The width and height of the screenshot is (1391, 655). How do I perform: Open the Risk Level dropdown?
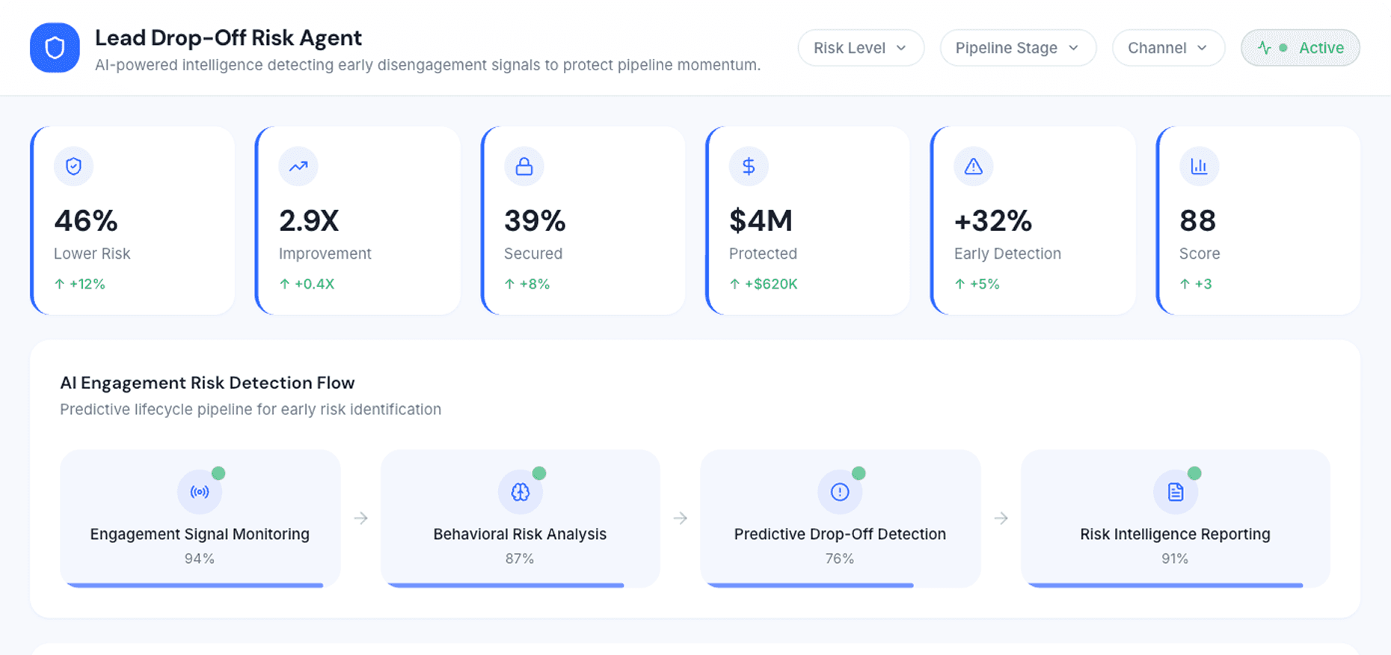860,48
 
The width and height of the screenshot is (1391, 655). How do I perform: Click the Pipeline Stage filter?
1017,48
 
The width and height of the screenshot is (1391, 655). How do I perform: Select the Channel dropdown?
1167,48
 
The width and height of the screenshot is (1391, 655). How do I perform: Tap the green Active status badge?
1300,48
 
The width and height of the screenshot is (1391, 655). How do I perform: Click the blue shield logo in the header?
55,48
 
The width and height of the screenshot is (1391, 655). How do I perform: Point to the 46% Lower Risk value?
86,221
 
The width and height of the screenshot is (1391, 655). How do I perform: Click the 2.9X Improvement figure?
309,221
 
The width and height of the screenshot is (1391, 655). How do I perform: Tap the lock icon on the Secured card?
523,166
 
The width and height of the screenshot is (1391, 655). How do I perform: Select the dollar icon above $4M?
748,166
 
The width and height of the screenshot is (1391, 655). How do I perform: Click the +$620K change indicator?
770,284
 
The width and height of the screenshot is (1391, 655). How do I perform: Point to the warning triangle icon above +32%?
973,166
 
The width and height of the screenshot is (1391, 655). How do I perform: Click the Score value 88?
1197,221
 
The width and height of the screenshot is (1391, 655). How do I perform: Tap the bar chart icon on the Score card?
1199,166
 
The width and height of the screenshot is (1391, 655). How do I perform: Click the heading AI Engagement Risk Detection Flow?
207,383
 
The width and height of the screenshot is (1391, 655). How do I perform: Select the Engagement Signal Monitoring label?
200,534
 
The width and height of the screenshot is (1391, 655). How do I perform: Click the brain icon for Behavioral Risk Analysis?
520,492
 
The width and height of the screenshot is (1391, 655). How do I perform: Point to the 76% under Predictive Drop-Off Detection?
839,559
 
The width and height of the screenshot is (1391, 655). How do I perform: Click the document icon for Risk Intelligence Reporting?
1175,492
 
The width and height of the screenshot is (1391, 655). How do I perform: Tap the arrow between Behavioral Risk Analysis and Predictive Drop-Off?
680,518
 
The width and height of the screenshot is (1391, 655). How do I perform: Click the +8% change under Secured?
534,284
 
